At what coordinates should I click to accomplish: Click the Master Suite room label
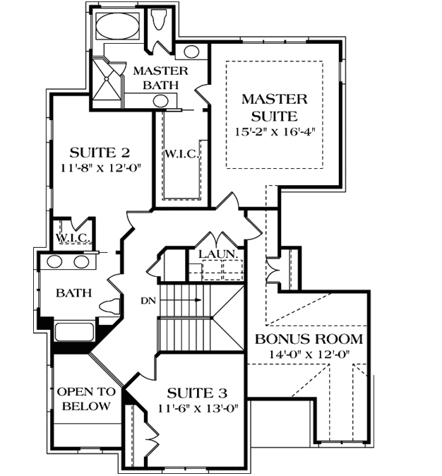click(275, 107)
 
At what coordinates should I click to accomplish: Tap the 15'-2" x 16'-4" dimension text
click(275, 132)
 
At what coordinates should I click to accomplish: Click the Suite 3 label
click(196, 392)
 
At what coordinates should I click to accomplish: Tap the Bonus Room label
click(309, 338)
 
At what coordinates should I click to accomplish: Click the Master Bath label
click(160, 78)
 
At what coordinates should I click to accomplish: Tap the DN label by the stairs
click(148, 301)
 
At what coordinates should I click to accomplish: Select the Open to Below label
click(84, 399)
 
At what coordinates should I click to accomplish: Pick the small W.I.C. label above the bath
click(72, 237)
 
